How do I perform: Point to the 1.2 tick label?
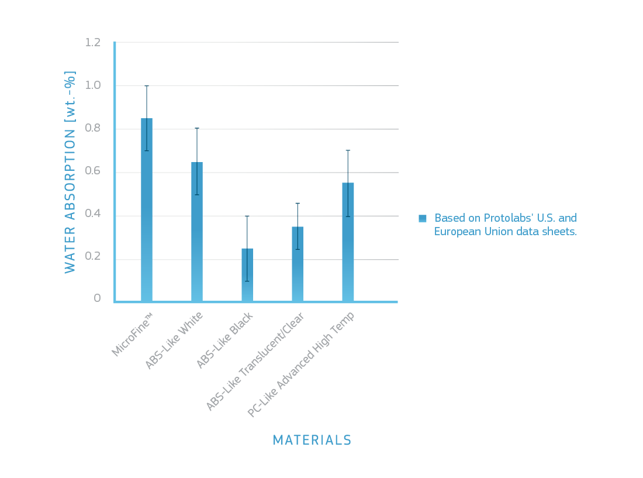point(93,43)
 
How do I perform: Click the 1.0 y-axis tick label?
point(93,85)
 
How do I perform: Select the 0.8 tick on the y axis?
point(93,128)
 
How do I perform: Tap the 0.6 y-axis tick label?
point(93,171)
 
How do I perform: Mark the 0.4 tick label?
point(93,214)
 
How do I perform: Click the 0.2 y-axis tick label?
point(93,257)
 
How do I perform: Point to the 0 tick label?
point(98,298)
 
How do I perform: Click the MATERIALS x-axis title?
point(312,440)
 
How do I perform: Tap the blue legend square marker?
point(423,218)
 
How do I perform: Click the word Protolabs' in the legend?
point(507,218)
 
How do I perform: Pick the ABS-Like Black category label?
point(224,341)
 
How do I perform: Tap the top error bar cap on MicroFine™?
point(147,86)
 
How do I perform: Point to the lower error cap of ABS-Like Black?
point(247,281)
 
